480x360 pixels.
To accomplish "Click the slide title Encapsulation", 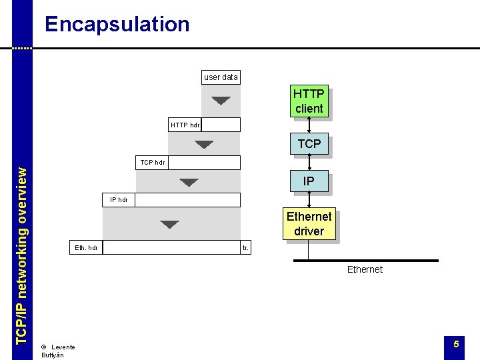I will pos(117,25).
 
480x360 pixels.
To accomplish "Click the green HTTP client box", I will pos(308,101).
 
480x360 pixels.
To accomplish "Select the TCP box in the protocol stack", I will pos(309,143).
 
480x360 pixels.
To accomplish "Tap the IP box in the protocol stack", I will pos(309,181).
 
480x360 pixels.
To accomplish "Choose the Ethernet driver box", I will pos(309,224).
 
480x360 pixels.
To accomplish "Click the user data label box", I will pos(221,77).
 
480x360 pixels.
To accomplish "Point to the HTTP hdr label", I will pos(185,125).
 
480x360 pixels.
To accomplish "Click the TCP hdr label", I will pos(153,162).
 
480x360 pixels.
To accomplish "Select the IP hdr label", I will pos(119,199).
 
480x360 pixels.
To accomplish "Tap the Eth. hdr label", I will pos(87,247).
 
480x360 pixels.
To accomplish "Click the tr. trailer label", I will pos(245,247).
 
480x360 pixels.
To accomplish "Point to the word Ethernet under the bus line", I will pos(365,269).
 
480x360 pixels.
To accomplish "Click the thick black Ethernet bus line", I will pos(365,260).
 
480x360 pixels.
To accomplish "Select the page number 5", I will pos(456,344).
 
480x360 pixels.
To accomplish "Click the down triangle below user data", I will pos(221,101).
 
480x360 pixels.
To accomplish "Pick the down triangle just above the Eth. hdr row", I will pos(170,225).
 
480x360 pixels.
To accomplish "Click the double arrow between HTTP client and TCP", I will pos(309,126).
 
